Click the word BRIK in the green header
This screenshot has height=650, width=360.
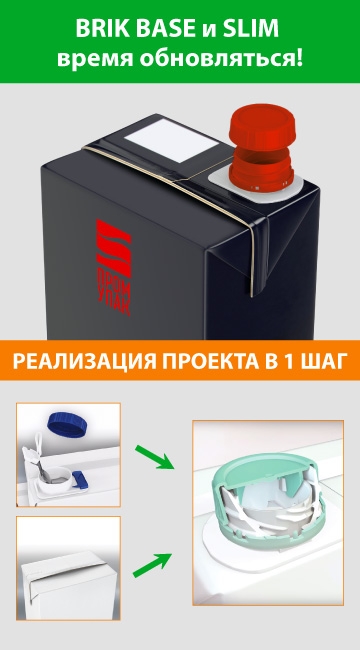pyautogui.click(x=100, y=29)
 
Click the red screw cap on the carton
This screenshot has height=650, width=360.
pyautogui.click(x=262, y=147)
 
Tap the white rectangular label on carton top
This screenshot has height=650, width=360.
pyautogui.click(x=172, y=141)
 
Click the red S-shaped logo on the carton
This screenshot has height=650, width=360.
pyautogui.click(x=113, y=248)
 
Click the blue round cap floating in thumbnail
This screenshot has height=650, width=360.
pyautogui.click(x=68, y=424)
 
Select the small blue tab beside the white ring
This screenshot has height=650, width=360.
pyautogui.click(x=80, y=480)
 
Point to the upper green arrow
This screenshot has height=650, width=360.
pyautogui.click(x=154, y=457)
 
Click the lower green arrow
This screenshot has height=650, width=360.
pyautogui.click(x=152, y=565)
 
